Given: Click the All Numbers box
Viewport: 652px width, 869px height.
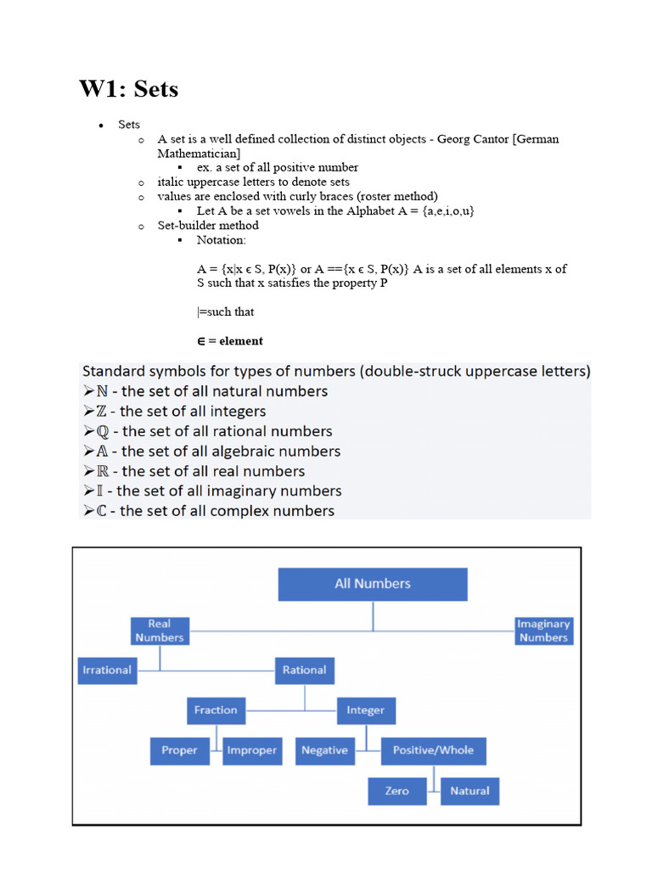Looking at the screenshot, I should point(373,584).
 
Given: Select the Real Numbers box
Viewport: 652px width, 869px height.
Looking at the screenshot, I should point(160,631).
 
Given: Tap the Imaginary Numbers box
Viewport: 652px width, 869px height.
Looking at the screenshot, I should point(543,631).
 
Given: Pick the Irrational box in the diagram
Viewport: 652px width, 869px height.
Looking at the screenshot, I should point(107,670).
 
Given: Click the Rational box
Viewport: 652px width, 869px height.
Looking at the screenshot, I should point(304,670).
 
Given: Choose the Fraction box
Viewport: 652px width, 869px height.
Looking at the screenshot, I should point(216,710).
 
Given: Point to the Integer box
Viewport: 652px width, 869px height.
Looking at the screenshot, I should point(366,710).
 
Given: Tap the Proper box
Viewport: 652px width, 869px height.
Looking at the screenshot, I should point(180,750).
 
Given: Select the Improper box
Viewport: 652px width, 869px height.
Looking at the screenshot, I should point(252,750).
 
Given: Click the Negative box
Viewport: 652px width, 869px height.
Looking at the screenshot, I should point(324,750).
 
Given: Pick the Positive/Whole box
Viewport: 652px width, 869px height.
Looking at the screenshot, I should point(433,750).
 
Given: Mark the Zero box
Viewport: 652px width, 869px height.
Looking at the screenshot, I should point(396,791).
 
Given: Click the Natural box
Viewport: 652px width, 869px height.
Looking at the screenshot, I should point(469,791).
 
